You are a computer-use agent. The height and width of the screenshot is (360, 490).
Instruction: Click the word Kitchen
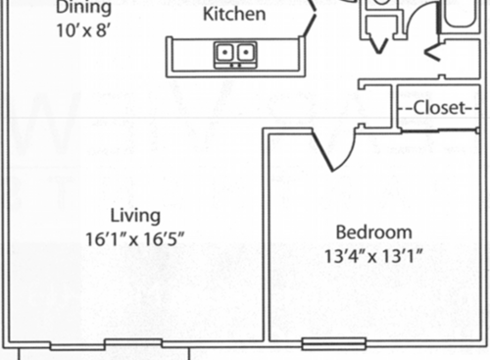coord(234,15)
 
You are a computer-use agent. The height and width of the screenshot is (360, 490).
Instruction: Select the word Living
coord(135,216)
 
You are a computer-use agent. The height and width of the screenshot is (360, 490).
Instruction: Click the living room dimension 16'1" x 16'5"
coord(135,238)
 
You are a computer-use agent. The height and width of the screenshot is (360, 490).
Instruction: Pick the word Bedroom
coord(373,232)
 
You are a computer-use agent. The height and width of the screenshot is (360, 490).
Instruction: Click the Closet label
coord(439,108)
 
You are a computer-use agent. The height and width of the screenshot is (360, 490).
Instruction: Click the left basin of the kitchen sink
coord(226,53)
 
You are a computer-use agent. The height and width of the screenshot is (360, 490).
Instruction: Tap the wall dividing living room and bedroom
coord(266,235)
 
